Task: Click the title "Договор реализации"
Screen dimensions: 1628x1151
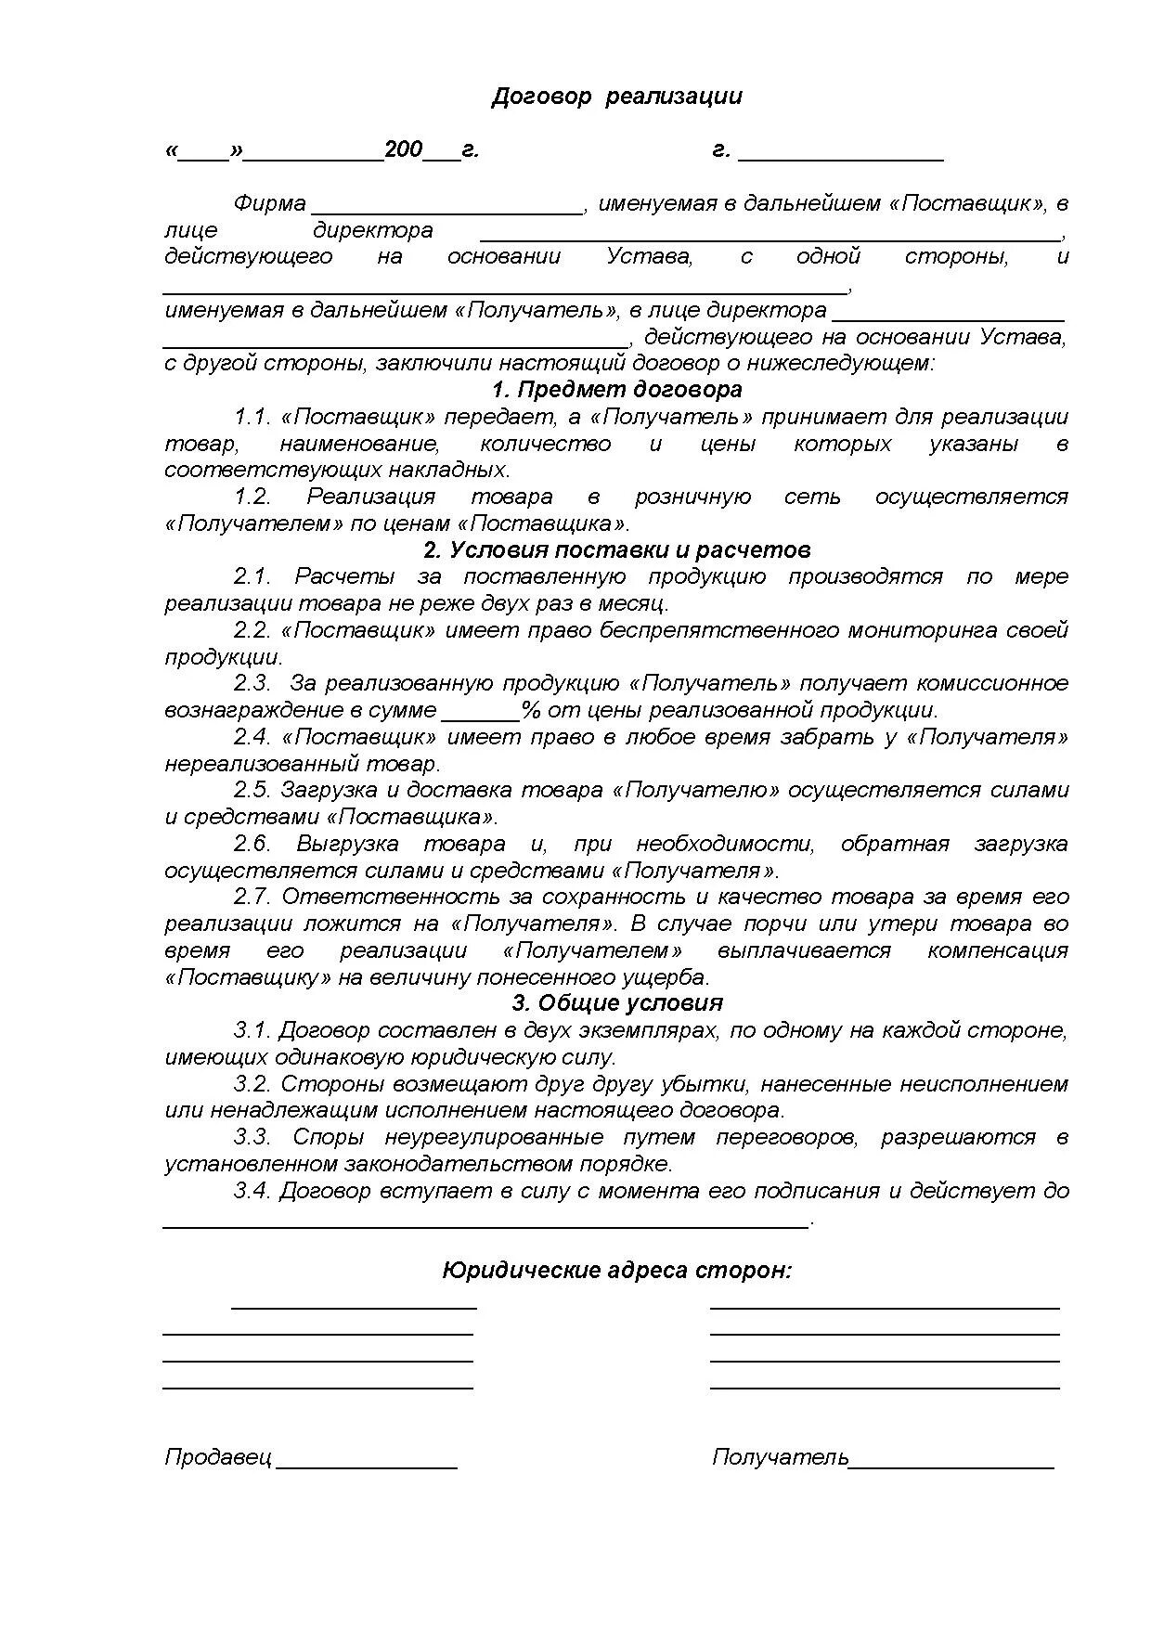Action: click(616, 97)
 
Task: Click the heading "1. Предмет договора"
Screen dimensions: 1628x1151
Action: click(616, 390)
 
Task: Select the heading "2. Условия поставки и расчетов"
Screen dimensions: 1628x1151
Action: click(616, 550)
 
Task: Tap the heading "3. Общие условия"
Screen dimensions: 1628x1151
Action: click(616, 1003)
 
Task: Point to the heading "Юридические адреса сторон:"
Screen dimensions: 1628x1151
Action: click(617, 1270)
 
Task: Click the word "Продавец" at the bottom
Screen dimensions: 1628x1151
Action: click(218, 1457)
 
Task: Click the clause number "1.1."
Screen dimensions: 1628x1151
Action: click(252, 417)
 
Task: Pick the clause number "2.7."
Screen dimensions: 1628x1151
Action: click(252, 897)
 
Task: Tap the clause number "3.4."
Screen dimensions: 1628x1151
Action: click(252, 1191)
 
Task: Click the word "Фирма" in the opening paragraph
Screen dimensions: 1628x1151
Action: click(270, 203)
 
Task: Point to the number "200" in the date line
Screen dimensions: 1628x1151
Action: click(404, 149)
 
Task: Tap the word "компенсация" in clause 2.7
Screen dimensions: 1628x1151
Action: click(998, 950)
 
